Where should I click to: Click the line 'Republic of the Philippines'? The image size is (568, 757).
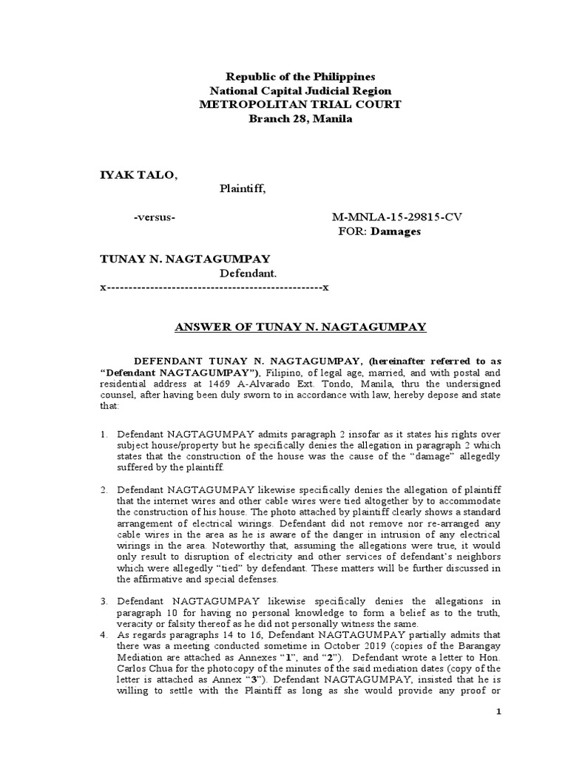coord(300,77)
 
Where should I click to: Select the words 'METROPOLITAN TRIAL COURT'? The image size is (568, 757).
coord(300,105)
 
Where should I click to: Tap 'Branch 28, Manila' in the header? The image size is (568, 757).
coord(300,119)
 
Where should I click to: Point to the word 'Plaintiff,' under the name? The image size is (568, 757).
coord(241,189)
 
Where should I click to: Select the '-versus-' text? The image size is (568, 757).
coord(154,217)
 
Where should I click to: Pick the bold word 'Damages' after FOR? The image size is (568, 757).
coord(396,231)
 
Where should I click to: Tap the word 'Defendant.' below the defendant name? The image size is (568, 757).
coord(248,273)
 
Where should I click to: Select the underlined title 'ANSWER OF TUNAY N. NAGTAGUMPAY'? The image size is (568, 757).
coord(300,327)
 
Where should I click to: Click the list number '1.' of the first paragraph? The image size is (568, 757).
coord(104,435)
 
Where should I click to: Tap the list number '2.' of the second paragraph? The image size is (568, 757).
coord(104,489)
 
